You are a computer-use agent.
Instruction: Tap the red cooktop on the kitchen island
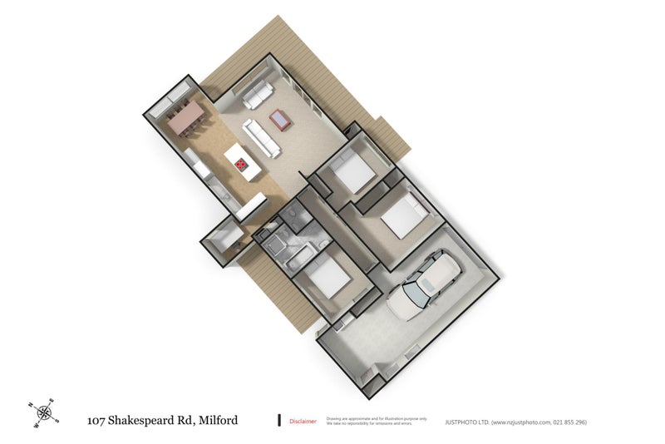(x=242, y=165)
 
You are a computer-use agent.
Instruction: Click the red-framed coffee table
(x=281, y=121)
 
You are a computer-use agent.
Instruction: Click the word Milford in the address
(x=218, y=420)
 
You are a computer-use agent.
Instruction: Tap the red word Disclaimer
(x=303, y=422)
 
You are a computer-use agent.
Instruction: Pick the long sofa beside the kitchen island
(x=261, y=139)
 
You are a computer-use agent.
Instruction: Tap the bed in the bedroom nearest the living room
(x=354, y=173)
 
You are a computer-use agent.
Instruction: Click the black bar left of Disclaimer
(x=279, y=421)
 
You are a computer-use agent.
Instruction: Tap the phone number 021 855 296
(x=569, y=422)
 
